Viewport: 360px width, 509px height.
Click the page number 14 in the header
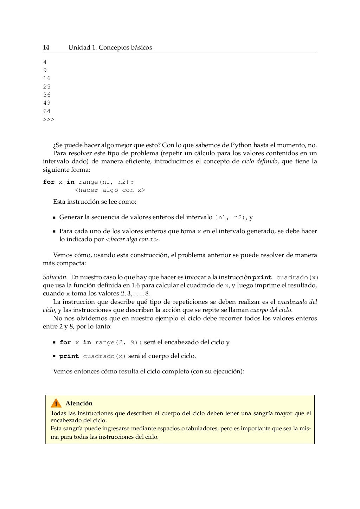[x=46, y=47]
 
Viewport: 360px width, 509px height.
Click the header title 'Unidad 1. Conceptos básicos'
[x=110, y=47]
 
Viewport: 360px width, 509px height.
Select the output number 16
[x=47, y=78]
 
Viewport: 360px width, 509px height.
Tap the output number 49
[x=47, y=103]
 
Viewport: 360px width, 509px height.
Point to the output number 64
[x=47, y=111]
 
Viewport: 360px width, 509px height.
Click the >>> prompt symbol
[x=49, y=119]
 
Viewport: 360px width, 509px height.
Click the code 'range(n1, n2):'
[x=106, y=182]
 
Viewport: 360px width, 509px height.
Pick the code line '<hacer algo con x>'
[x=110, y=190]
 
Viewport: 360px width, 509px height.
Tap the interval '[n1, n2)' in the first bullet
[x=230, y=217]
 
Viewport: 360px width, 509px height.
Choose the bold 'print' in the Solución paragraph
[x=262, y=278]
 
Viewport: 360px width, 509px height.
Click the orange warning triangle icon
[x=56, y=403]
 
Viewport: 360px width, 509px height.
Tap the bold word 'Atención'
[x=79, y=403]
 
